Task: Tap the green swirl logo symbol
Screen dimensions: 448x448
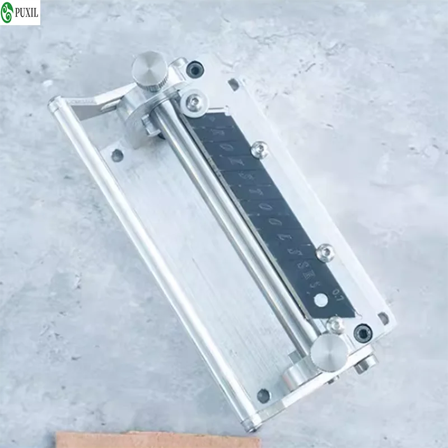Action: tap(9, 13)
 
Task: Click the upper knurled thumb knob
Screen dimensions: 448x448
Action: tap(148, 68)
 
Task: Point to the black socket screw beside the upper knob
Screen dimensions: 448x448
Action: tap(195, 69)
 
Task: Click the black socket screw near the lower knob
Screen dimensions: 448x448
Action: tap(362, 333)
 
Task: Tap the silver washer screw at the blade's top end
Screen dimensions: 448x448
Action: tap(194, 101)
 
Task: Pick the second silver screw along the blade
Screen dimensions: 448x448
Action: tap(259, 148)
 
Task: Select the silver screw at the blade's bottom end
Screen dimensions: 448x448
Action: tap(335, 324)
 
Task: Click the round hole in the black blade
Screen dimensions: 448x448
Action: tap(321, 300)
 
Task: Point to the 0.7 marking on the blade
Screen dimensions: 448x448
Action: tap(337, 292)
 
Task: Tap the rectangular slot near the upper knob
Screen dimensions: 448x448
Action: tap(233, 85)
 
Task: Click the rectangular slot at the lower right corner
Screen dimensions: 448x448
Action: tap(383, 318)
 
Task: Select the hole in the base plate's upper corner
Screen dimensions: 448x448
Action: tap(117, 155)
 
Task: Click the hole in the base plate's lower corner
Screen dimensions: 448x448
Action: tap(263, 395)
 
